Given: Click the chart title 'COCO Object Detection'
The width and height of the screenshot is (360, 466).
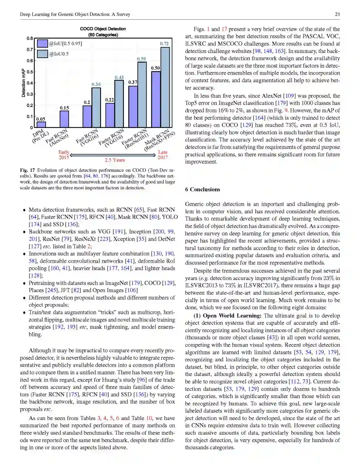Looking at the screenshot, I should coord(103,29).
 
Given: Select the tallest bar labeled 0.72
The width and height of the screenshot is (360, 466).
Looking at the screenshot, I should coord(165,87).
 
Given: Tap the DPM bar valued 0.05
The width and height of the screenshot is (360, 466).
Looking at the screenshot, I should coord(41,125).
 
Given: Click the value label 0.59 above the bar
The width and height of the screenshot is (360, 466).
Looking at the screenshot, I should coord(141,59).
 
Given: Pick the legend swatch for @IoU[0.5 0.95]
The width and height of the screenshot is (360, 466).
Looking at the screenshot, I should coord(42,43).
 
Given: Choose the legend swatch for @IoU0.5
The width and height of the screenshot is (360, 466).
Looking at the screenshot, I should coord(42,54).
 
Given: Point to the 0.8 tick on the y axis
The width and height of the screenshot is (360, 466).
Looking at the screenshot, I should coord(30,38).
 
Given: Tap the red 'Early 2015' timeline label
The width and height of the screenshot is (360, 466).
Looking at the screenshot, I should coord(64,155).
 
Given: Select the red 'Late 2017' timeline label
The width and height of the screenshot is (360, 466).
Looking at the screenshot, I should coord(163,155).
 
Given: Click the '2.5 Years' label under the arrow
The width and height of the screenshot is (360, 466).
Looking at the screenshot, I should coord(115,160).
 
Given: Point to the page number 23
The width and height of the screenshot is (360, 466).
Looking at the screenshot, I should coord(337,14).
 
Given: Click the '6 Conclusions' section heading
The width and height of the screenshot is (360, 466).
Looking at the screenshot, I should coord(203,189).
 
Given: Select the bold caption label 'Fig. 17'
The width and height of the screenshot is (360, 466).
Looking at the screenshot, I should coord(27,170).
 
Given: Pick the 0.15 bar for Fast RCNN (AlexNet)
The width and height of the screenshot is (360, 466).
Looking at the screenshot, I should coord(64,119).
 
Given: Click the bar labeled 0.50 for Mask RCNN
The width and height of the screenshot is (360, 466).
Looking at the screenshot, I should coord(156,99).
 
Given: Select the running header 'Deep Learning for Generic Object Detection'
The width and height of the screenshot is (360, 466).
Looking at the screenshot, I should coord(75,14).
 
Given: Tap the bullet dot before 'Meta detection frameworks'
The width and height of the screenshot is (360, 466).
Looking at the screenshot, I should coord(24,210).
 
